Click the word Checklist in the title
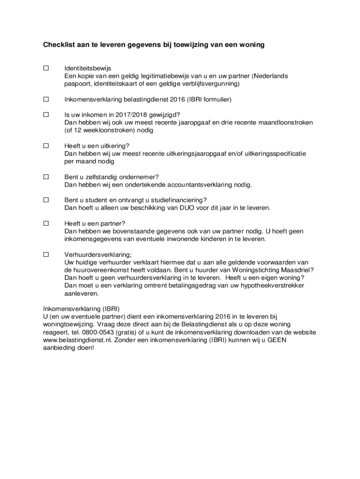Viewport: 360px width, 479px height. [x=59, y=45]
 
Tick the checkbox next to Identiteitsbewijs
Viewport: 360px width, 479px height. [x=46, y=68]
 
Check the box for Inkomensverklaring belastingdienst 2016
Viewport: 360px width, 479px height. [x=46, y=99]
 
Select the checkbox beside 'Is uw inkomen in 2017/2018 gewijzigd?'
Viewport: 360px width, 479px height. [x=46, y=115]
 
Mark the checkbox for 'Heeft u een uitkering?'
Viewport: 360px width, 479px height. [x=46, y=145]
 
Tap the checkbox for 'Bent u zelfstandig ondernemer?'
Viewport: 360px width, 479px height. [x=46, y=177]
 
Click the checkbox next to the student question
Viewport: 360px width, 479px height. [x=46, y=200]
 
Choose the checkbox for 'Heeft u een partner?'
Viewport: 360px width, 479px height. [x=46, y=223]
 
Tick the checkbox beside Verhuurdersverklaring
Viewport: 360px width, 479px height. [x=46, y=254]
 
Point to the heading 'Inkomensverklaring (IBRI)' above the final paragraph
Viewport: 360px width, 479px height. [x=81, y=309]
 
